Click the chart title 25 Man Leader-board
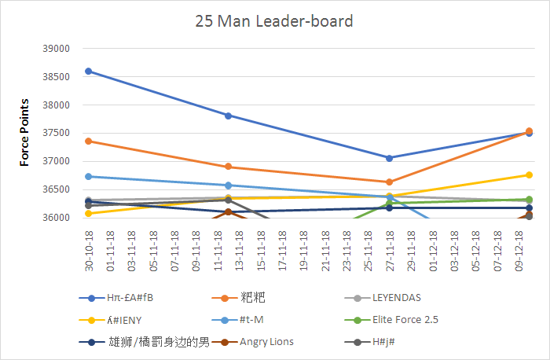click(x=274, y=20)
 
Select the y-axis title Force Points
click(x=24, y=132)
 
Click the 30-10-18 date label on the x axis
click(x=88, y=248)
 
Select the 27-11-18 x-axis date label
click(x=389, y=248)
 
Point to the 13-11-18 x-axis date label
click(x=238, y=248)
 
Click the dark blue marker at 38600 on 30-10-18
click(x=89, y=71)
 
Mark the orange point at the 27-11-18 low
click(x=389, y=182)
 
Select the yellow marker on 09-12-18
click(x=529, y=174)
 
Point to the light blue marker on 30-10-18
click(x=89, y=176)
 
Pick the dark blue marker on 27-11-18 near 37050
click(x=389, y=158)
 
